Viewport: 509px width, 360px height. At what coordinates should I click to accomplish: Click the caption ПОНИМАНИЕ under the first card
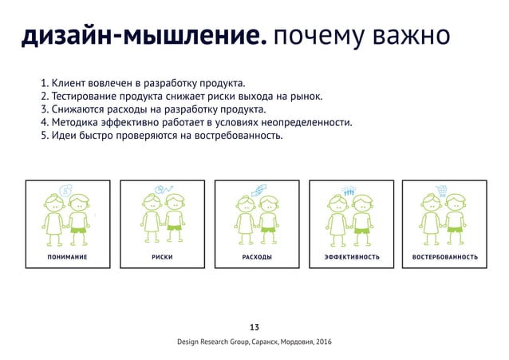tap(67, 258)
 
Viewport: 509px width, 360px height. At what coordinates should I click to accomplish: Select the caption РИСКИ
tap(162, 258)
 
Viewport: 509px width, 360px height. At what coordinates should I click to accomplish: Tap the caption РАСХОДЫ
tap(256, 258)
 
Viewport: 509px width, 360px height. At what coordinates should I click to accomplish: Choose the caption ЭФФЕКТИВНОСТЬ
tap(351, 258)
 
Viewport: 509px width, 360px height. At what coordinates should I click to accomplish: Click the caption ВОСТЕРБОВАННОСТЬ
tap(445, 258)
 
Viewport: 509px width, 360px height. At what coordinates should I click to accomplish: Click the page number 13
tap(254, 326)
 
